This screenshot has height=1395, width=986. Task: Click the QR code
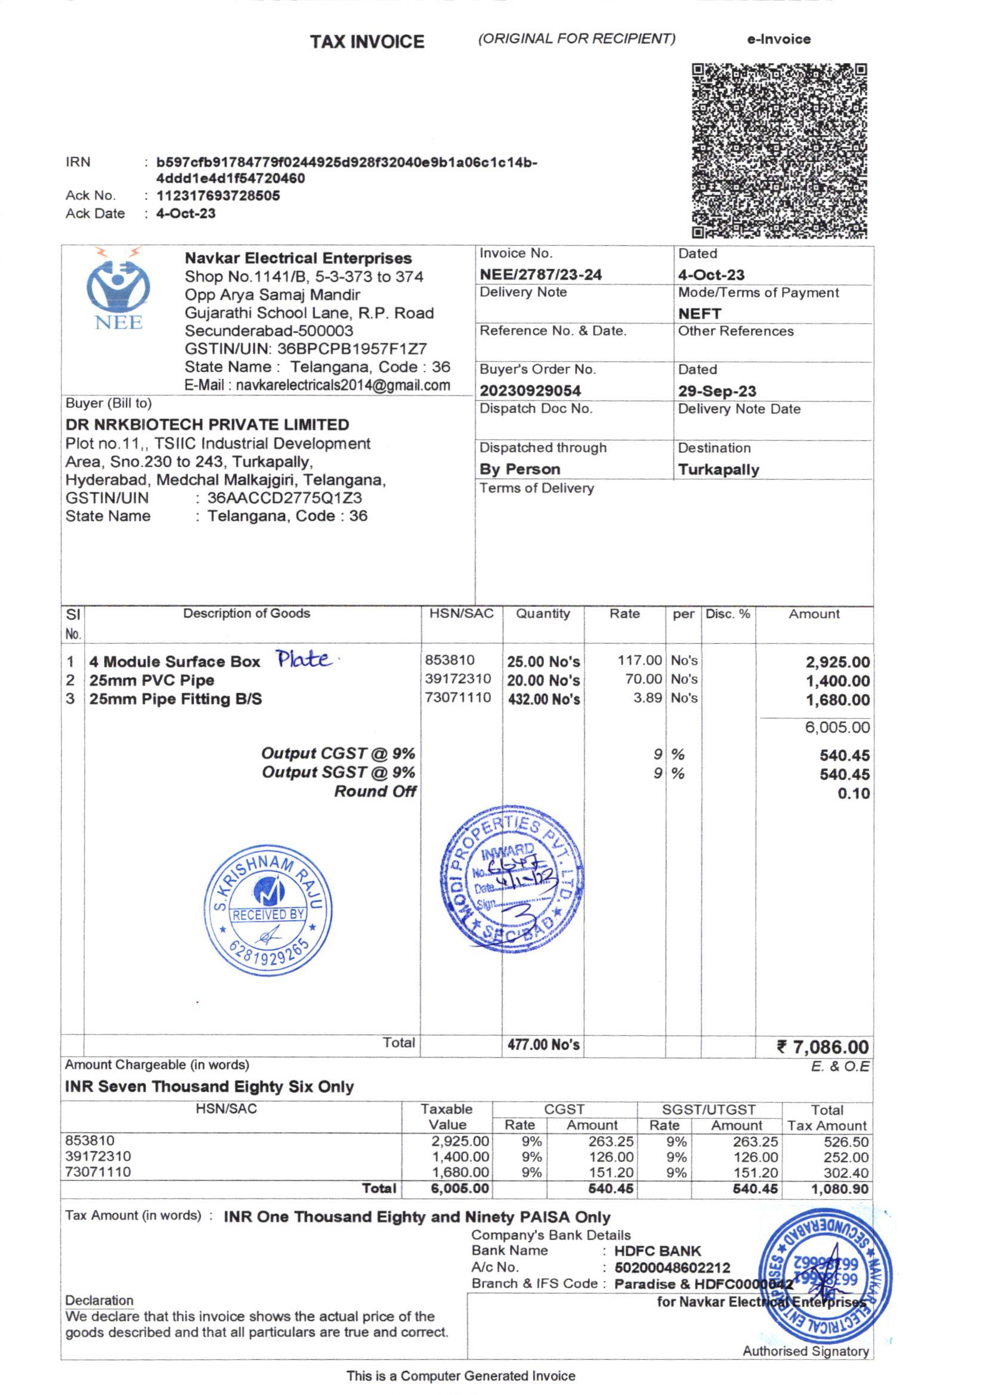780,150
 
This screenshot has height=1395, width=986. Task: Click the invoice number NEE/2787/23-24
540,274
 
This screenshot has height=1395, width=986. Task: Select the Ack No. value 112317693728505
218,196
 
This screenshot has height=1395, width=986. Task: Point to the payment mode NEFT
699,313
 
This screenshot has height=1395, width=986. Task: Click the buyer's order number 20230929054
530,391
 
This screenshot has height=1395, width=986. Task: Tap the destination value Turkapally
719,470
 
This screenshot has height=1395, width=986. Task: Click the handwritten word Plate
304,659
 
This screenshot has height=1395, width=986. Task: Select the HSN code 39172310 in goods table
458,678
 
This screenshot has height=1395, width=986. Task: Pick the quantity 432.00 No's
544,699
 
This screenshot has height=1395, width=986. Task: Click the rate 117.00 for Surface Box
639,660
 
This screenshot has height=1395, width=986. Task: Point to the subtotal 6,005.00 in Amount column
836,727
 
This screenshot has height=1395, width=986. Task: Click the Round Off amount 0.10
853,794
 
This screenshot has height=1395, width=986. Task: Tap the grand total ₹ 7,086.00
823,1047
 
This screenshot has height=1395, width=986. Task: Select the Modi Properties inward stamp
512,878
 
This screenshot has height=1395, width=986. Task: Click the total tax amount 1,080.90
839,1189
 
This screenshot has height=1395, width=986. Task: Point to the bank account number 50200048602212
672,1267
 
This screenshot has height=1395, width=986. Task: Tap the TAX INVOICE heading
367,42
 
